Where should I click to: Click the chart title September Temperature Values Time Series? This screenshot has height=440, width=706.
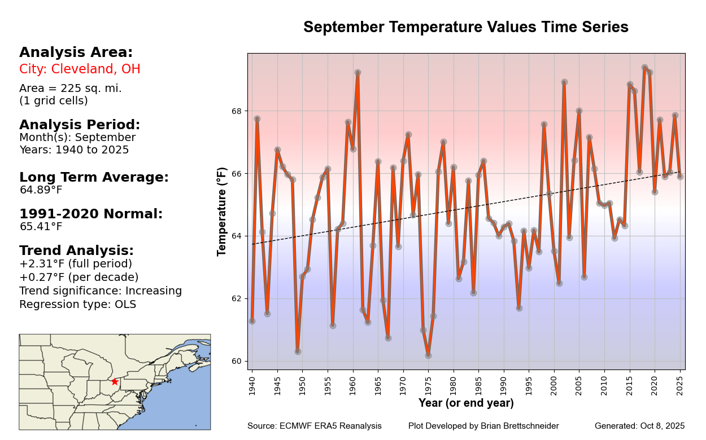click(465, 27)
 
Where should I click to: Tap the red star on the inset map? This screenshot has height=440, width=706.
click(115, 382)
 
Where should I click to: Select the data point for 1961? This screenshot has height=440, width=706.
click(358, 73)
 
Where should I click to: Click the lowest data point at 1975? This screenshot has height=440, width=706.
click(428, 355)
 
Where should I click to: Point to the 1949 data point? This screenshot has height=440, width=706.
click(298, 351)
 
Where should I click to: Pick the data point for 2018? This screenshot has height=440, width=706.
click(644, 68)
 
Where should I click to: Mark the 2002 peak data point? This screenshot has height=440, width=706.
click(564, 82)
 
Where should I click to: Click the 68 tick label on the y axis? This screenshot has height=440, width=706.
click(237, 111)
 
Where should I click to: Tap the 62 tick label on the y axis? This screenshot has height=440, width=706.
click(237, 298)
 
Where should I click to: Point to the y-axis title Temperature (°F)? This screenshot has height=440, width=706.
click(223, 212)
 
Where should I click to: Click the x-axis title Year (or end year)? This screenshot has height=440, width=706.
click(466, 403)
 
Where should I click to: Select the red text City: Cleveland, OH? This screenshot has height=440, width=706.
click(80, 69)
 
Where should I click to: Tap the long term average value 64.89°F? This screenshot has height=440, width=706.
click(41, 190)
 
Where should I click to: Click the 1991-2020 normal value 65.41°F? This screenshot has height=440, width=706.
click(41, 227)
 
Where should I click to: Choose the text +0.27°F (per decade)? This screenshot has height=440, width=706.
click(79, 278)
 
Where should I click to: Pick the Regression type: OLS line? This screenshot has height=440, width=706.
click(77, 305)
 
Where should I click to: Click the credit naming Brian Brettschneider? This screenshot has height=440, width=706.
click(483, 426)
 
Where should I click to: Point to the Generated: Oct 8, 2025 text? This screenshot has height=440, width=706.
click(639, 426)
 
